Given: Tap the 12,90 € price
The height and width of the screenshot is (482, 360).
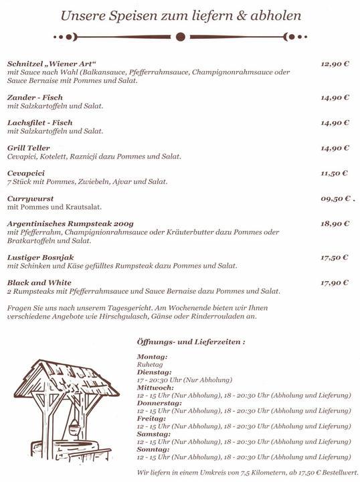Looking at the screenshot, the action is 335,64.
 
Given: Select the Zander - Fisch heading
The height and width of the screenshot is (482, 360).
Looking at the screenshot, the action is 35,98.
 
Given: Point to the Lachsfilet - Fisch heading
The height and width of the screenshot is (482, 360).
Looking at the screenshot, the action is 39,123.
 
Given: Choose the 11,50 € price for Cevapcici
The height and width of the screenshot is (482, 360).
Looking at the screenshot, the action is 335,173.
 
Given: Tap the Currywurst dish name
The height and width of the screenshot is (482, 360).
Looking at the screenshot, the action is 30,199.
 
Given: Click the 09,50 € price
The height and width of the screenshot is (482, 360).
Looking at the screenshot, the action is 335,199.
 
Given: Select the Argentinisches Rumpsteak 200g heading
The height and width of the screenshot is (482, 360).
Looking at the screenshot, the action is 71,224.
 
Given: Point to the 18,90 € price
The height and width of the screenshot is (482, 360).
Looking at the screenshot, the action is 335,224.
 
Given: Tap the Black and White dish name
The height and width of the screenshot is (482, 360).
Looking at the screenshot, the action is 39,283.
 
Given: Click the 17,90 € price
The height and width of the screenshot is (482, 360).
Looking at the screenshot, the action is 335,283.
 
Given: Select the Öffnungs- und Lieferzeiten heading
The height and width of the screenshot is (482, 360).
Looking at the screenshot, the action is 190,341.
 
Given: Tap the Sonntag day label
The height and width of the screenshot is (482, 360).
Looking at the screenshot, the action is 153,450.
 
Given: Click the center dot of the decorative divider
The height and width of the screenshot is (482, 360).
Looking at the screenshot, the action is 179,37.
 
